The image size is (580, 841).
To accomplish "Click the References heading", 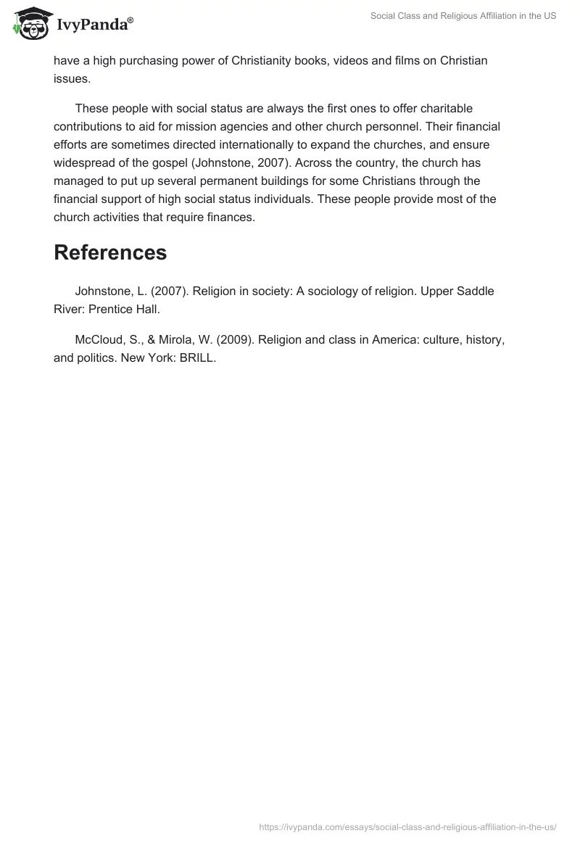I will pos(110,252).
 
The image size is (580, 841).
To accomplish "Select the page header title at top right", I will pos(463,16).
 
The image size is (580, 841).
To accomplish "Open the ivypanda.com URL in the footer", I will pos(407,826).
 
